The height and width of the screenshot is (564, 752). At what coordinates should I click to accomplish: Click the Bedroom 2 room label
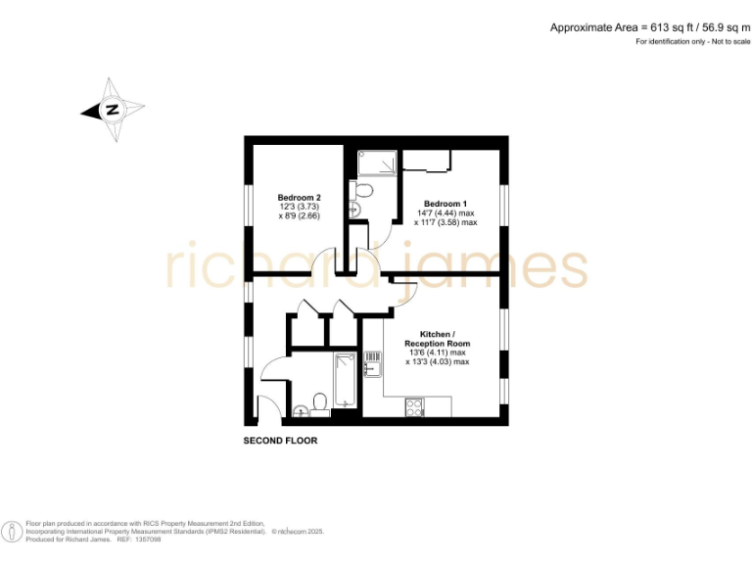299,197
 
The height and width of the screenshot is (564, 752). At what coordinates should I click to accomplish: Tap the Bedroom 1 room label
445,203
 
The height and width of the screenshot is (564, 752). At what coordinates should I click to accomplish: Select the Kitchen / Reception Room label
437,339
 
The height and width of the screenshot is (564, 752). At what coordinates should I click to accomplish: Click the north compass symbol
112,110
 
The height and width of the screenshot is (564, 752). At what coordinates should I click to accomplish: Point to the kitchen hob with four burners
414,404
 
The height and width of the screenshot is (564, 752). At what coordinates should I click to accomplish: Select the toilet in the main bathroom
318,402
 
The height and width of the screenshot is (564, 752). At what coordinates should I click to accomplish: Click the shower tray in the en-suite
377,163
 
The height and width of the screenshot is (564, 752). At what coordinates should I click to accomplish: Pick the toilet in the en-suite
363,189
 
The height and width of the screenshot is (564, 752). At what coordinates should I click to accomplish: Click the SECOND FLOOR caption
280,442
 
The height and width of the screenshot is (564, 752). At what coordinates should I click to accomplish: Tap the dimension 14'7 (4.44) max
445,212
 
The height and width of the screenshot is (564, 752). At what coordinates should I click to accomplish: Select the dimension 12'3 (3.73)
299,207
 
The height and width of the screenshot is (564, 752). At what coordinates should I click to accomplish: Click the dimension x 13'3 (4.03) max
437,362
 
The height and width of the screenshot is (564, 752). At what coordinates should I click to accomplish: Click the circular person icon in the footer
12,531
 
